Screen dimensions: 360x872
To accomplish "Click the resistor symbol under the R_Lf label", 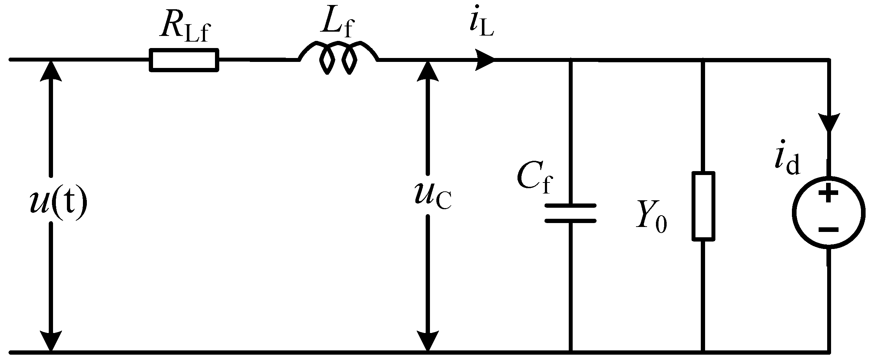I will click(x=184, y=60).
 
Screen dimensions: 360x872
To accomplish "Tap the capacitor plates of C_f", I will click(x=570, y=213).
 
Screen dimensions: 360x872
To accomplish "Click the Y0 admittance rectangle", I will click(x=703, y=206).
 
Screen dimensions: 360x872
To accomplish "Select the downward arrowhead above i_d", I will click(x=830, y=123).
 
